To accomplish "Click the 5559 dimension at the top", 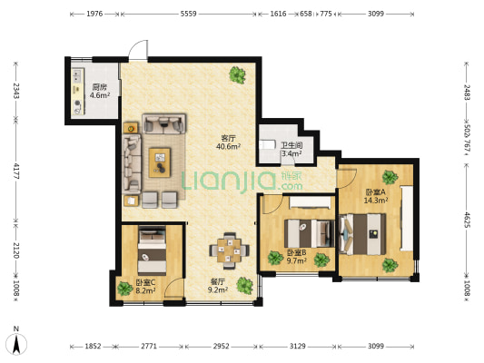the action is click(x=188, y=14).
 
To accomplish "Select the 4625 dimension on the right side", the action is click(x=467, y=220).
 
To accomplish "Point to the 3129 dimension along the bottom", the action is click(x=298, y=347).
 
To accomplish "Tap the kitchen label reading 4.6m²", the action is click(x=100, y=95).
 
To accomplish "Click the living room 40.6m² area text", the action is click(x=229, y=146).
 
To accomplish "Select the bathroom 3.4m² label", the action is click(x=291, y=153).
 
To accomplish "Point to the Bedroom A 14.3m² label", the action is click(x=376, y=201).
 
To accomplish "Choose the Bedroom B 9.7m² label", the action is click(x=297, y=261).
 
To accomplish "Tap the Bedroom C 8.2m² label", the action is click(x=145, y=290).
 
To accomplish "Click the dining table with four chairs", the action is click(x=229, y=250).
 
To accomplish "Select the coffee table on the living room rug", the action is click(x=160, y=162).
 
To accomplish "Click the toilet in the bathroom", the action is click(x=267, y=144).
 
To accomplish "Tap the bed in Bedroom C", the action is click(x=152, y=250).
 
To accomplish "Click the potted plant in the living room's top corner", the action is click(x=237, y=74).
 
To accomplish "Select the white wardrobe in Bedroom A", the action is click(x=407, y=218).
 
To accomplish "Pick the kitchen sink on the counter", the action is click(x=77, y=76).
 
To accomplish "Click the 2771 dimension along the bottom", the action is click(x=149, y=347).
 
